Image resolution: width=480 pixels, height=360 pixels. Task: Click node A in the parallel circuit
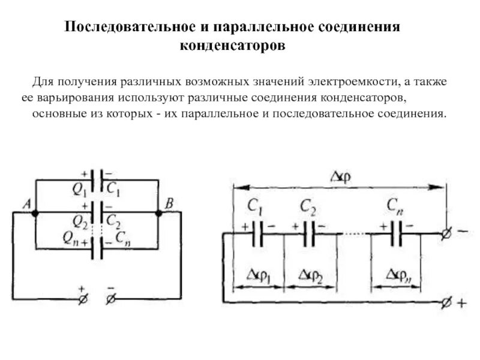tap(35, 213)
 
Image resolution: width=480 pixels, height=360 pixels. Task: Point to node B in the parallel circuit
tap(159, 213)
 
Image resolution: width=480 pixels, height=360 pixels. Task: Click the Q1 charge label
tap(80, 189)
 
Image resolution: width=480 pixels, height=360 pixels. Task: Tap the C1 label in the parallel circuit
tap(115, 189)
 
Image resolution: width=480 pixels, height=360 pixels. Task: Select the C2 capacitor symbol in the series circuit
tap(310, 233)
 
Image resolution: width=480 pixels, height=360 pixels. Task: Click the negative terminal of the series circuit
tap(446, 233)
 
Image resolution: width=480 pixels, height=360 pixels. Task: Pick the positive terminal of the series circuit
tap(446, 303)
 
